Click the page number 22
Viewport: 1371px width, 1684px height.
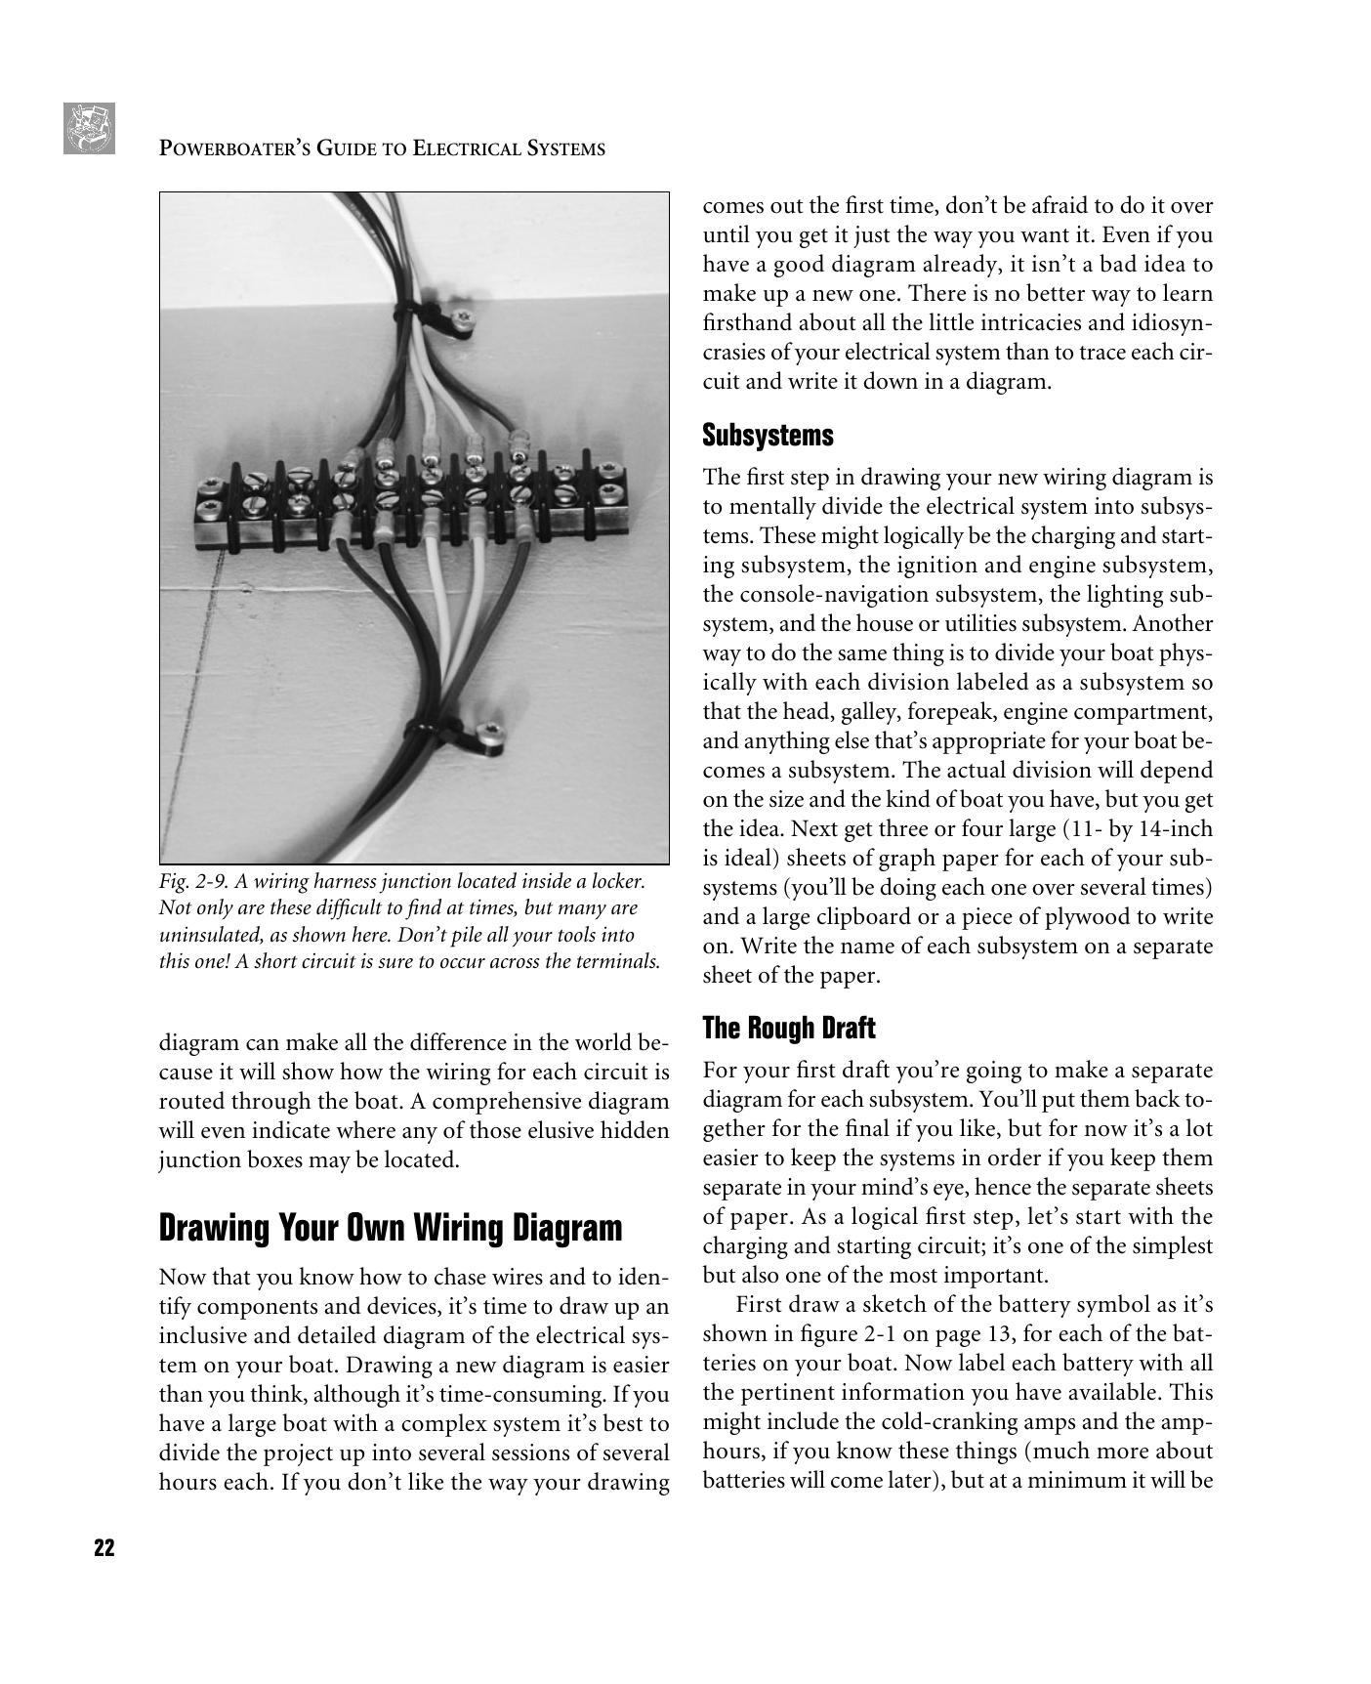(104, 1547)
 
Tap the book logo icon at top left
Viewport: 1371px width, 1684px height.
(89, 128)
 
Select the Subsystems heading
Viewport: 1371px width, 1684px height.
(768, 435)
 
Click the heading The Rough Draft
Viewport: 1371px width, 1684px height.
(788, 1028)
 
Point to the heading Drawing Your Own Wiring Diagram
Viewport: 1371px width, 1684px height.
(390, 1227)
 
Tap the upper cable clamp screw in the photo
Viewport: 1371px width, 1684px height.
(465, 316)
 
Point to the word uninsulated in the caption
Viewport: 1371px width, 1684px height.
(208, 934)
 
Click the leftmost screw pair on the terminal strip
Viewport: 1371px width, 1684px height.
(210, 497)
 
